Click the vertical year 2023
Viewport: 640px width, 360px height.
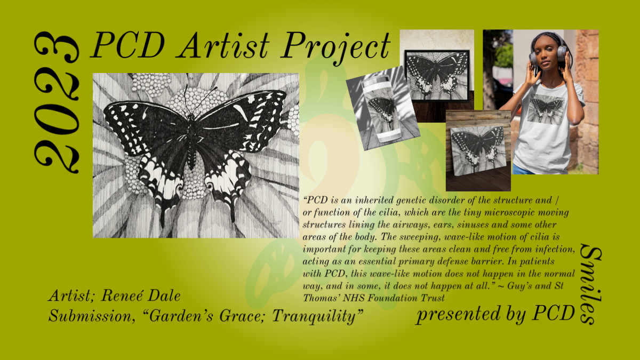[x=57, y=102]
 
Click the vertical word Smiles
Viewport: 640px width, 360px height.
[x=591, y=284]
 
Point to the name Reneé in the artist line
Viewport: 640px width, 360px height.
[x=122, y=295]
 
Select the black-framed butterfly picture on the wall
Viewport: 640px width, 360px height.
[x=437, y=75]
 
